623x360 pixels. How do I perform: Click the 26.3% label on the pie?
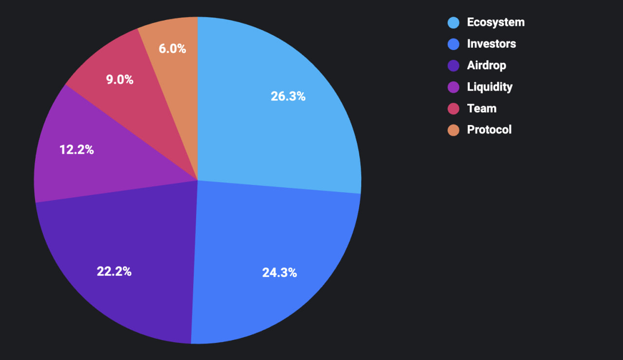coord(288,96)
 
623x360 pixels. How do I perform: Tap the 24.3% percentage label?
coord(279,272)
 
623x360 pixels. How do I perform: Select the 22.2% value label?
coord(114,271)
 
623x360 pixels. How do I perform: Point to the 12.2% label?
coord(76,150)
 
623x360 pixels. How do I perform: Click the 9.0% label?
coord(120,80)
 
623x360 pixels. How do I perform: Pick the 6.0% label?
coord(172,49)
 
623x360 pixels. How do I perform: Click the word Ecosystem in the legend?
coord(495,22)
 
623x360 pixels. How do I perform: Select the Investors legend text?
coord(491,44)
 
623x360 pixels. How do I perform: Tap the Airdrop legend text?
coord(486,65)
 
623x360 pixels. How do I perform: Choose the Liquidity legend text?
coord(490,87)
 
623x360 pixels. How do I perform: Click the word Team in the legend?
coord(481,108)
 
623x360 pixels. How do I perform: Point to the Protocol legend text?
coord(489,129)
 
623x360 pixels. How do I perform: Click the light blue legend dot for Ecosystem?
coord(453,23)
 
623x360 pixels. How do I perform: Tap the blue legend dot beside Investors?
coord(453,44)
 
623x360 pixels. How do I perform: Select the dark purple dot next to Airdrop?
coord(453,66)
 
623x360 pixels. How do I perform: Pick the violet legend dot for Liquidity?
coord(453,87)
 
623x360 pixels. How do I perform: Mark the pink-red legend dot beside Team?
coord(453,108)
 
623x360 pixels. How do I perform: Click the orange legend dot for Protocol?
coord(453,130)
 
